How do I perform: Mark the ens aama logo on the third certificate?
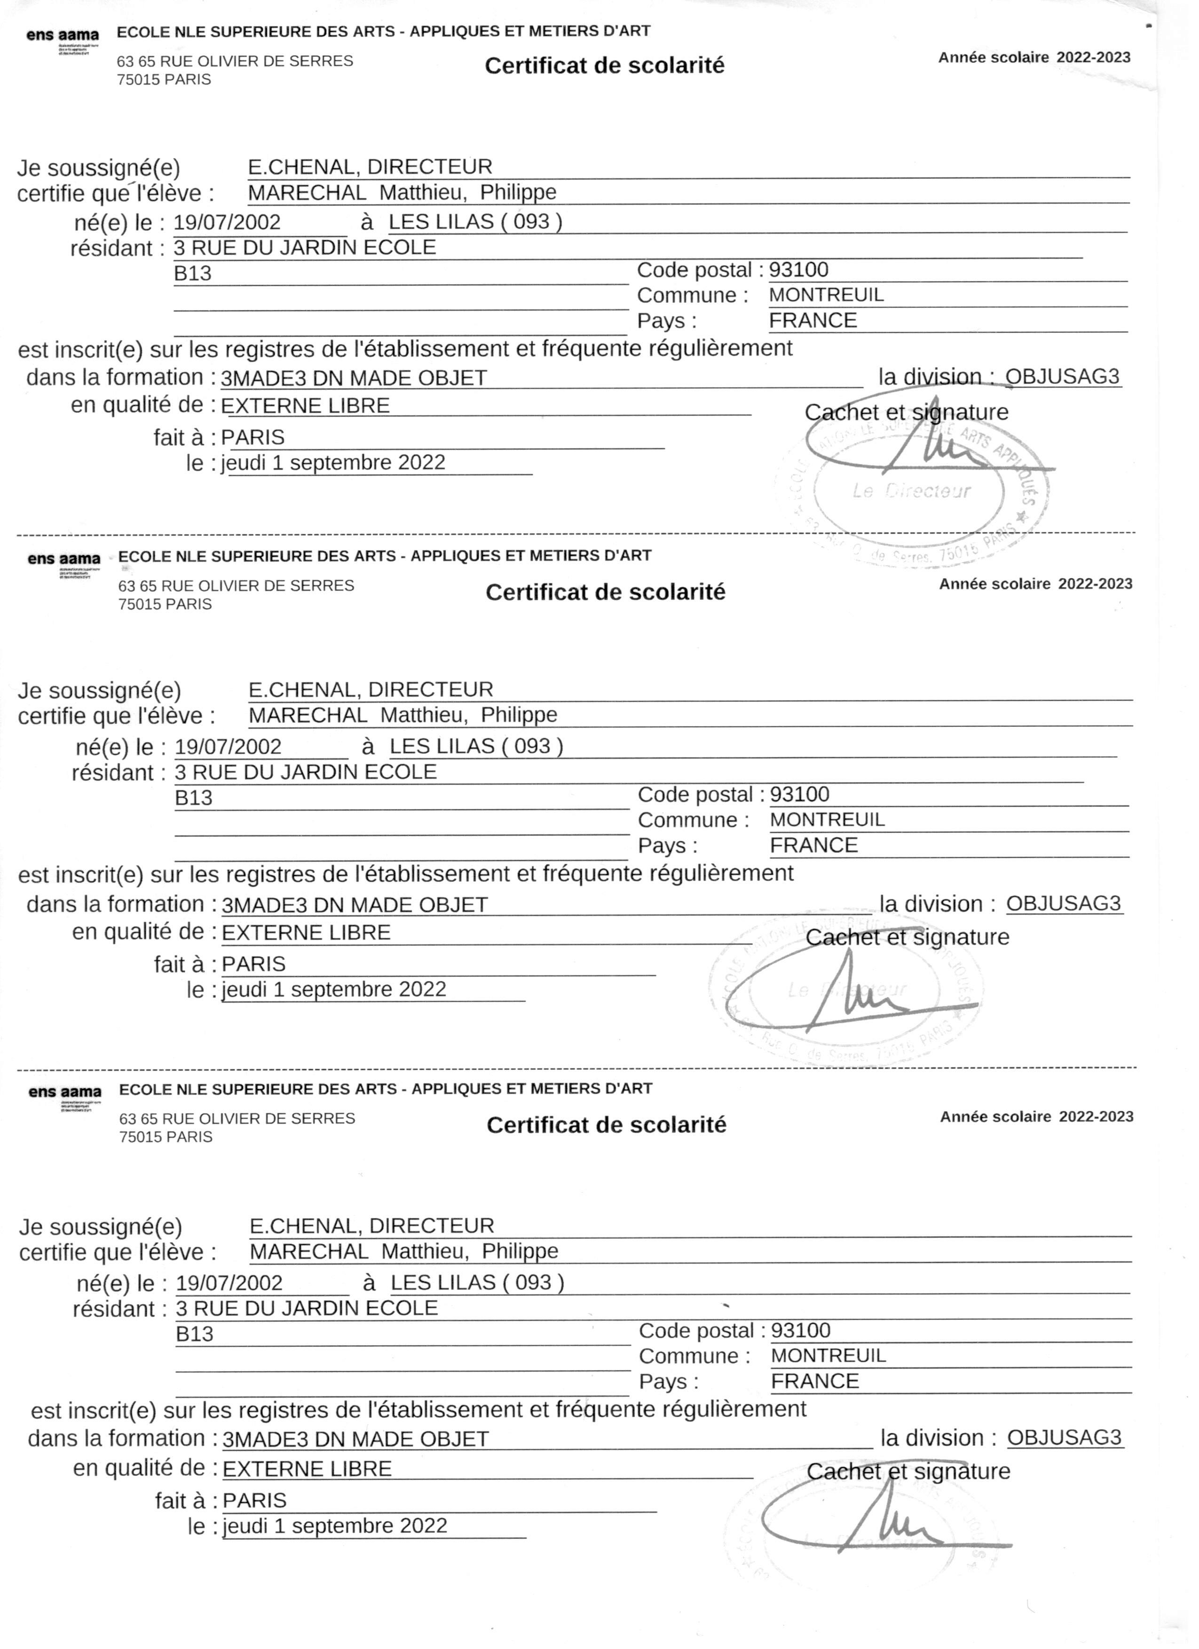65,1093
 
